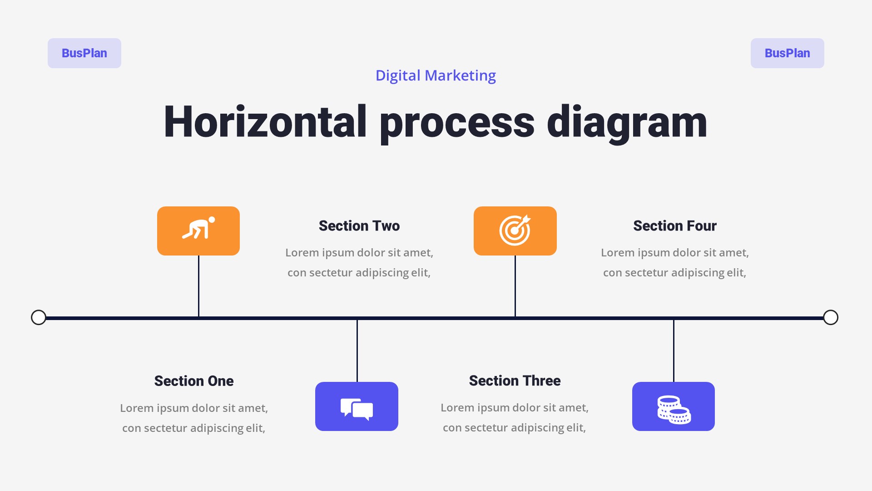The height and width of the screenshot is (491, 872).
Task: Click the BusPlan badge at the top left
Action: [84, 53]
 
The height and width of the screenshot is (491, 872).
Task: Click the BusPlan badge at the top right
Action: [787, 53]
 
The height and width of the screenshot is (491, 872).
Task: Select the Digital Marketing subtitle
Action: [436, 75]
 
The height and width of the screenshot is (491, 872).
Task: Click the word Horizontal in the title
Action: [265, 122]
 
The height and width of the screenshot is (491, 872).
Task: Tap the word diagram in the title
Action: [627, 122]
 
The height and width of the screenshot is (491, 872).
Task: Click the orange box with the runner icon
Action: [198, 231]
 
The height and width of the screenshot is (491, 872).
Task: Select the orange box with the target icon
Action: [515, 231]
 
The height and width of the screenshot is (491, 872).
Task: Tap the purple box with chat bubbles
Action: [357, 406]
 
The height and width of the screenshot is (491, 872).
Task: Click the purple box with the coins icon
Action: [673, 406]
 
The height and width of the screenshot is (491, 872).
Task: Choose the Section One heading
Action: [194, 381]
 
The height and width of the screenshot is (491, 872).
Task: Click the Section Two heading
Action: [359, 226]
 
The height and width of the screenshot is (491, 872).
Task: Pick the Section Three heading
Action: [515, 381]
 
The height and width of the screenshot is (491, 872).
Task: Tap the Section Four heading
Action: [675, 226]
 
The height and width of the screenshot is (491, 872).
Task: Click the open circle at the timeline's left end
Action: [39, 317]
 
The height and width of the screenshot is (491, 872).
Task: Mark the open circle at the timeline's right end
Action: [831, 317]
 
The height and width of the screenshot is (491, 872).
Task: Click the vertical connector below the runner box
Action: [198, 286]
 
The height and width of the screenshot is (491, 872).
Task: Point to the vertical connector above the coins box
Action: [674, 350]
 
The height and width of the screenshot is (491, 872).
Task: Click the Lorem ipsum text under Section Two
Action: [359, 262]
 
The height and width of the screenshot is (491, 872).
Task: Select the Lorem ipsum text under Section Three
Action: [515, 417]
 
